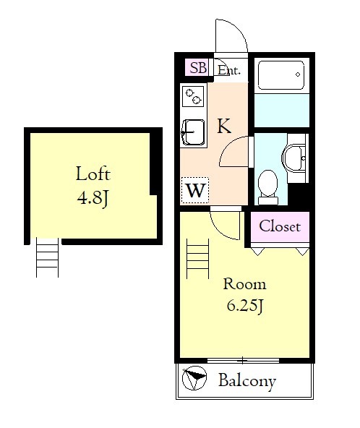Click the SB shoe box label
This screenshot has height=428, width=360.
[x=198, y=67]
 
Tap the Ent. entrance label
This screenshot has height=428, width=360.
[x=229, y=70]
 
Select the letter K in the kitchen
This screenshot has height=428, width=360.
[x=224, y=126]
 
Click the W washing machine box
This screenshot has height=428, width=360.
[x=195, y=190]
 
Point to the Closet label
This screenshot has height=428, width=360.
[x=280, y=226]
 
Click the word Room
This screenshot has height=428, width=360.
[x=244, y=284]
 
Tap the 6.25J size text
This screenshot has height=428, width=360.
[x=244, y=306]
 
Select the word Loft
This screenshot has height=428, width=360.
[x=93, y=174]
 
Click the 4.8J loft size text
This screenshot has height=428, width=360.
[x=93, y=197]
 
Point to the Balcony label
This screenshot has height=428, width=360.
[x=247, y=381]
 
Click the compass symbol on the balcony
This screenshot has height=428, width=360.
[x=194, y=378]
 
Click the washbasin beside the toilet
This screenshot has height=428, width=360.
[x=294, y=158]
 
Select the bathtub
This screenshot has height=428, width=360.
[x=281, y=75]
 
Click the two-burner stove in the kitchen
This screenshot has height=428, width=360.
[x=193, y=96]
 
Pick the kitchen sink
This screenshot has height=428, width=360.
[x=193, y=133]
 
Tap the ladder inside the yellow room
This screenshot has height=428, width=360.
[x=197, y=259]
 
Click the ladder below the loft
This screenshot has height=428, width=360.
[x=47, y=257]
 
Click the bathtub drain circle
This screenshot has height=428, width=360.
[x=298, y=74]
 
